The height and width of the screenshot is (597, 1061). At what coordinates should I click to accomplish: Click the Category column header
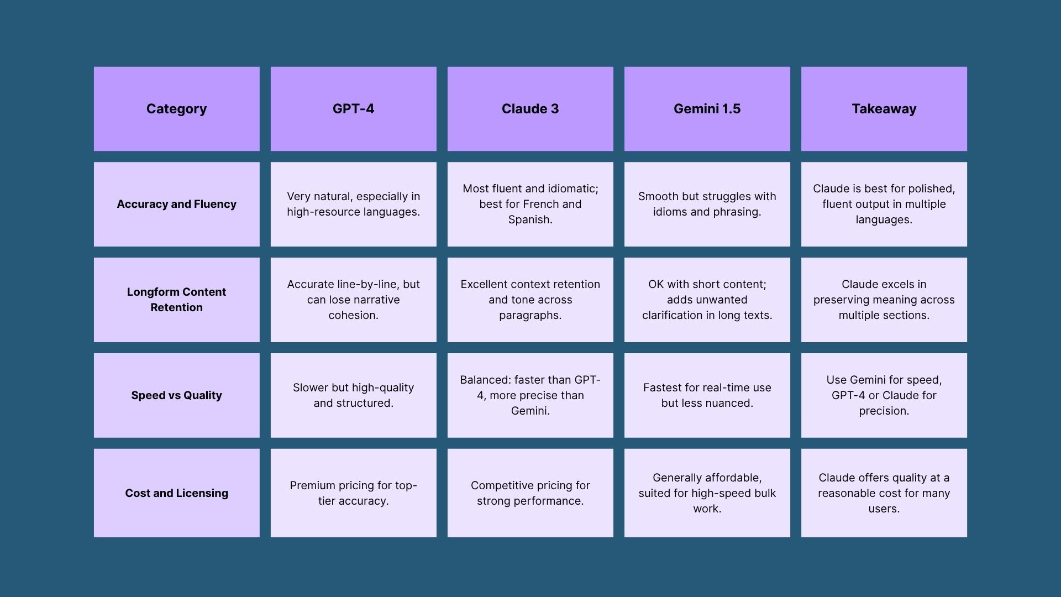pos(176,109)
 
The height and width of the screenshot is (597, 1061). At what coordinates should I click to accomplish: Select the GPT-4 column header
pos(353,109)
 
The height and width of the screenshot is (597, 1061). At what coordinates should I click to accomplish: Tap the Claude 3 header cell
pos(530,109)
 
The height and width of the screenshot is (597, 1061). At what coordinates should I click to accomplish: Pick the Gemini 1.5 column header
pos(707,109)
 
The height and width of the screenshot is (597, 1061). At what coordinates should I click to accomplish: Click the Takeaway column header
pos(884,109)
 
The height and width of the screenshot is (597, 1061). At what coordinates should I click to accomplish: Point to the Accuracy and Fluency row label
pos(176,204)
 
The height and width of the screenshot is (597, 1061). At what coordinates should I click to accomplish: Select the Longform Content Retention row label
pos(176,300)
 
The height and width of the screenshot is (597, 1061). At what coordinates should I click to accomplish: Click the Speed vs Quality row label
pos(176,395)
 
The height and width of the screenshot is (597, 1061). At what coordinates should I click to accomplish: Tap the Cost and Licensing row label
pos(176,493)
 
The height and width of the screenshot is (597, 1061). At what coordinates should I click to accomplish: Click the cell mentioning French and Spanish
pos(530,204)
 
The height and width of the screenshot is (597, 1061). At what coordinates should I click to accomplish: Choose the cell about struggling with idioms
pos(707,204)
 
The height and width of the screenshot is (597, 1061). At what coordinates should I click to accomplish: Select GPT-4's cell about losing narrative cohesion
pos(353,300)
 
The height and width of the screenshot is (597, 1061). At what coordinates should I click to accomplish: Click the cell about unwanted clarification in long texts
pos(707,300)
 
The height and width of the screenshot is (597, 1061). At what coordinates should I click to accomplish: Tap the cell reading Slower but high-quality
pos(353,395)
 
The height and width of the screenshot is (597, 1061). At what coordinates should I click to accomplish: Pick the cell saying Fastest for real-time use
pos(707,395)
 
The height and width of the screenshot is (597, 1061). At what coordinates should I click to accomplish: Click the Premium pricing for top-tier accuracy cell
pos(353,493)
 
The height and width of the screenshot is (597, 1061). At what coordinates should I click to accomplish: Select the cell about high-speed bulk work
pos(707,493)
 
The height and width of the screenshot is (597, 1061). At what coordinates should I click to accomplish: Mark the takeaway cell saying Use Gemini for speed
pos(884,395)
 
